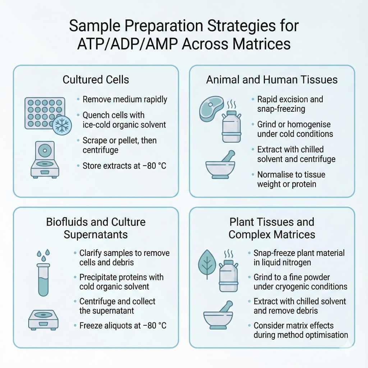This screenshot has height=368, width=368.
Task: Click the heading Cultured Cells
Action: tap(96, 79)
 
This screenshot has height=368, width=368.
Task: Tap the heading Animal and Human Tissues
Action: tap(272, 79)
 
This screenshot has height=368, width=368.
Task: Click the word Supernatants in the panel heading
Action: tap(96, 235)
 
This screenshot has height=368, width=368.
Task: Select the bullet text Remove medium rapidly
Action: tap(125, 99)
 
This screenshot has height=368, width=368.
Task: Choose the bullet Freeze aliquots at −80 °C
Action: tap(123, 326)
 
